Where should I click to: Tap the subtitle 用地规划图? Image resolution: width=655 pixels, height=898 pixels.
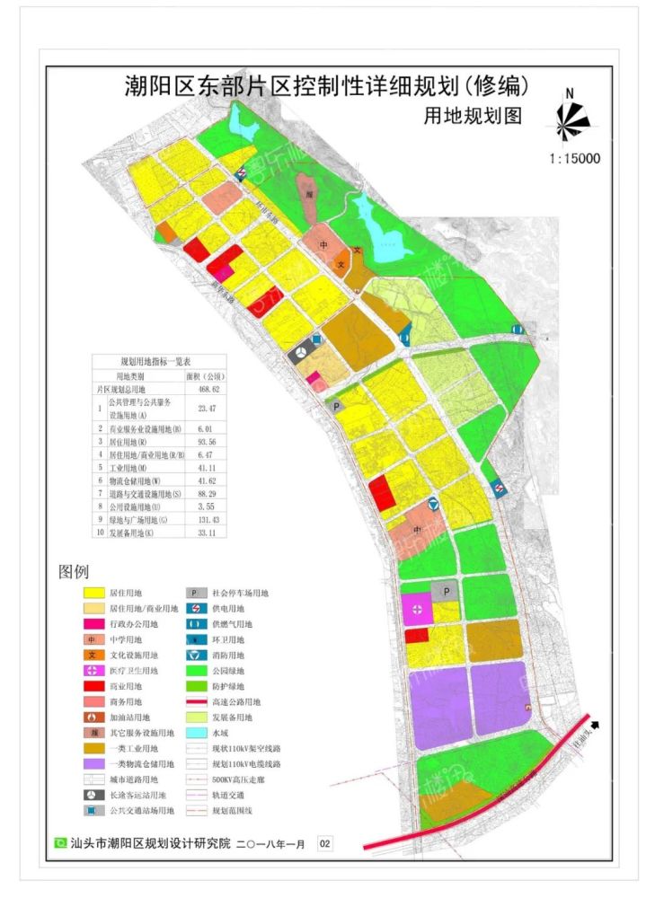pyautogui.click(x=473, y=117)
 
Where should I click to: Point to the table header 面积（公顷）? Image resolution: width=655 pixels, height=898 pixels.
pyautogui.click(x=203, y=376)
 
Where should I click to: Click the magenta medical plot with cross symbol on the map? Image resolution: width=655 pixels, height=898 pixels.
pyautogui.click(x=416, y=609)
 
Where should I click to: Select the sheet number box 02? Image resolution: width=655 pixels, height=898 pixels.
pyautogui.click(x=325, y=844)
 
